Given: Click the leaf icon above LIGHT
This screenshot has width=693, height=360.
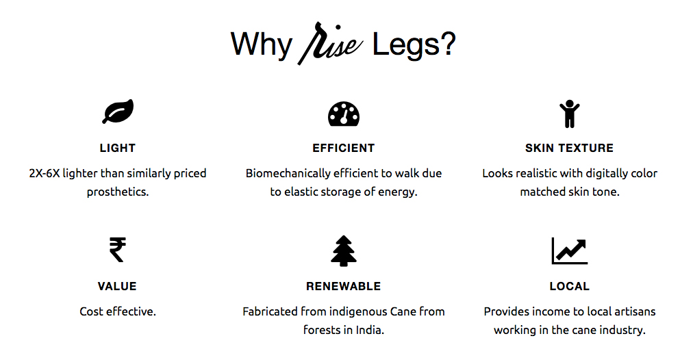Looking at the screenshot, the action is click(x=118, y=112).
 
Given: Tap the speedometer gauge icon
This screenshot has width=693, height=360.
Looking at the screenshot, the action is click(x=344, y=114).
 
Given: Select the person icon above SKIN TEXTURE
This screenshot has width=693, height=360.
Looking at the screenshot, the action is click(x=569, y=114).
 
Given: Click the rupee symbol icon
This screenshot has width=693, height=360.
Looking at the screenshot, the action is click(x=118, y=250).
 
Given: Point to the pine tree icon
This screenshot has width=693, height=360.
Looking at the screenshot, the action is click(x=343, y=251).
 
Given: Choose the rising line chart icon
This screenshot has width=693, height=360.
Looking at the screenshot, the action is click(x=570, y=250).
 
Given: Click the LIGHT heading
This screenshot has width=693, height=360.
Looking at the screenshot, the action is click(x=118, y=148).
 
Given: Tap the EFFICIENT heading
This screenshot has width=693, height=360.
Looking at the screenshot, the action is click(x=343, y=148).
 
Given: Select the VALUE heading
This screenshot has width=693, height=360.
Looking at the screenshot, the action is click(x=117, y=286).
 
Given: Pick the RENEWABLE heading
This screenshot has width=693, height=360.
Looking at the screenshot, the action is click(x=343, y=286).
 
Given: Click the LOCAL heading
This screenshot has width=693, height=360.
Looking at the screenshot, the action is click(x=570, y=286).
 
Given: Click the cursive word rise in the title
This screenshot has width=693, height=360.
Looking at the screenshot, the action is click(x=331, y=44).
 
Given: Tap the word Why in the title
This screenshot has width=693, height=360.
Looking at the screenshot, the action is click(x=262, y=45).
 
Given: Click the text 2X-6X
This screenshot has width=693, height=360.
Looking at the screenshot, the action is click(x=45, y=173).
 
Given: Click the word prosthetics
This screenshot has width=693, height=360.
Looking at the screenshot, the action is click(x=118, y=192).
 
